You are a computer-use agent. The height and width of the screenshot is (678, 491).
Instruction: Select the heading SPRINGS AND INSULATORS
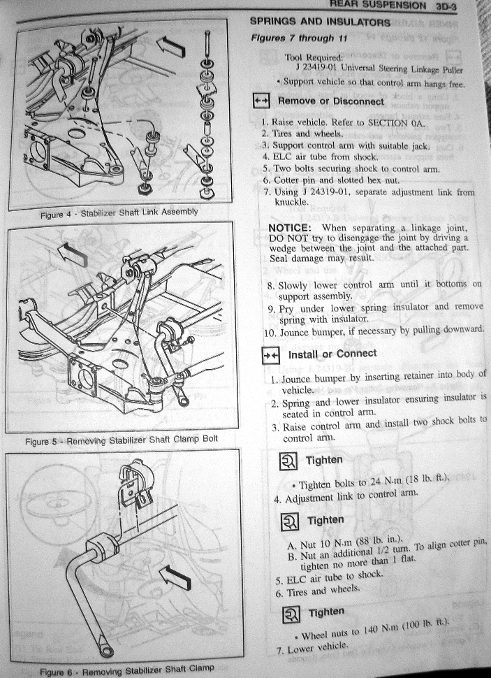tap(320, 22)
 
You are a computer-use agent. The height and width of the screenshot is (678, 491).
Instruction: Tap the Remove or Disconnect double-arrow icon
tap(261, 101)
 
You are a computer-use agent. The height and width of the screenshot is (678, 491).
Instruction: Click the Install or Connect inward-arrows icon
tap(272, 356)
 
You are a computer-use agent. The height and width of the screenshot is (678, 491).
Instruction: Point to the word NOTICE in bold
tap(290, 228)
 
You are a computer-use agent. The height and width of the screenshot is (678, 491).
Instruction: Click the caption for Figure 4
tap(119, 213)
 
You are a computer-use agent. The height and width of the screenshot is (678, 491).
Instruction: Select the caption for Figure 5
tap(122, 440)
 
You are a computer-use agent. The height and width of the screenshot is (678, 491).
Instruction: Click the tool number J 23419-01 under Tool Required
tap(317, 68)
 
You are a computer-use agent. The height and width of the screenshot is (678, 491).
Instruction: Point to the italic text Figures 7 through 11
tap(299, 38)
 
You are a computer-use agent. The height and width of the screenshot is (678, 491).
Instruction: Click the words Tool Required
tap(314, 57)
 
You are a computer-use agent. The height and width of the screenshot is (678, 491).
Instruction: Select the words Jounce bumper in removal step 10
tap(308, 333)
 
